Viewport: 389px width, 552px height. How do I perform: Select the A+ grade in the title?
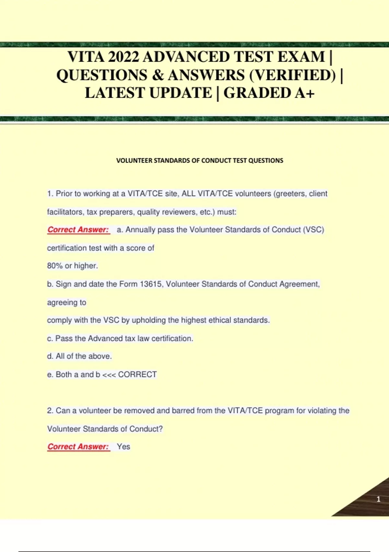[304, 93]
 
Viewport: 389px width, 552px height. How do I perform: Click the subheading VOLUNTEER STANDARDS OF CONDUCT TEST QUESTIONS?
[200, 160]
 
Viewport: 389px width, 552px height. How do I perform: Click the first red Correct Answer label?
[78, 230]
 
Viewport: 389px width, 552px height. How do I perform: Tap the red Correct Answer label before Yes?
[78, 447]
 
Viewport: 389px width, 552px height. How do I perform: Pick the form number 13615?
[151, 284]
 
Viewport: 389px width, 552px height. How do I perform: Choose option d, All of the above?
[79, 356]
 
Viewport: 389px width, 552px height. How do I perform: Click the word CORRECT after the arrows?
[137, 374]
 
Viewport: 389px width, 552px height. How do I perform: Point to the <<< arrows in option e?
[109, 375]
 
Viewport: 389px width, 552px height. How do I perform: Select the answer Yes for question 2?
[124, 447]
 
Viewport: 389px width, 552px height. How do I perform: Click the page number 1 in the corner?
[378, 499]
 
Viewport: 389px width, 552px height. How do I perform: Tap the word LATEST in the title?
[114, 93]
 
